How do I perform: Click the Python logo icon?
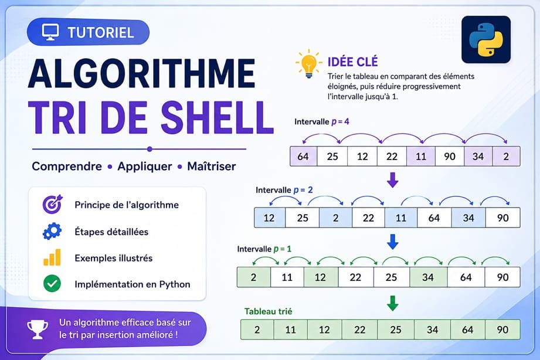click(x=486, y=40)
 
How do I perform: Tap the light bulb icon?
click(x=308, y=63)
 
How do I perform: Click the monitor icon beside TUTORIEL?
click(x=50, y=32)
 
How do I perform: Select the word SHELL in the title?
click(x=217, y=117)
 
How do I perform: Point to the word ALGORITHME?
click(x=141, y=74)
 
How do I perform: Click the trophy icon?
click(x=38, y=329)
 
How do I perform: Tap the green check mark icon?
click(x=52, y=284)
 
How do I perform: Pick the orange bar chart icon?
click(x=52, y=257)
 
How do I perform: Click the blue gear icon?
click(x=52, y=231)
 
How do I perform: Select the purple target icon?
click(x=52, y=204)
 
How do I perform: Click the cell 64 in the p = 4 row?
click(x=303, y=157)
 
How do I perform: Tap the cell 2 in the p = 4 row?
click(x=506, y=157)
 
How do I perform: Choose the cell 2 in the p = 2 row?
click(x=335, y=218)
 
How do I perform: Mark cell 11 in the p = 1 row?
click(x=287, y=277)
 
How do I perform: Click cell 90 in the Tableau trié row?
click(x=502, y=330)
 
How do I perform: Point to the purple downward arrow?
click(x=393, y=179)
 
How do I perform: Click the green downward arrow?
click(x=393, y=303)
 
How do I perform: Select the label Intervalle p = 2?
click(x=284, y=190)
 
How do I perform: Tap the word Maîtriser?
click(x=212, y=167)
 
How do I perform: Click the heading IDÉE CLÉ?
click(x=352, y=62)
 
